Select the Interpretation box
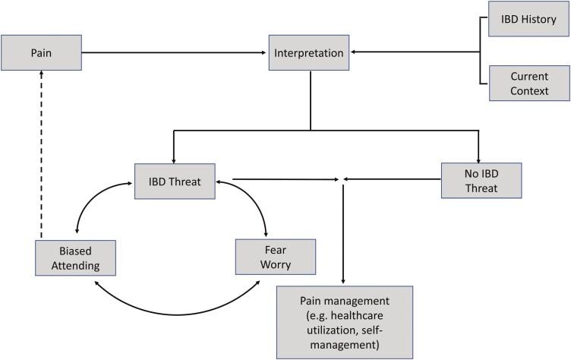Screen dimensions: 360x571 point(308,52)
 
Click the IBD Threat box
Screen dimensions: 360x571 point(175,180)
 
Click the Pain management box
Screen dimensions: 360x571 point(344,321)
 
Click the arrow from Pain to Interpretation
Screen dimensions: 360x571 point(175,52)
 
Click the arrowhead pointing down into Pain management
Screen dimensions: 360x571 point(344,281)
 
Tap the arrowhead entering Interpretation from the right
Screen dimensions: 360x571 point(354,52)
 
